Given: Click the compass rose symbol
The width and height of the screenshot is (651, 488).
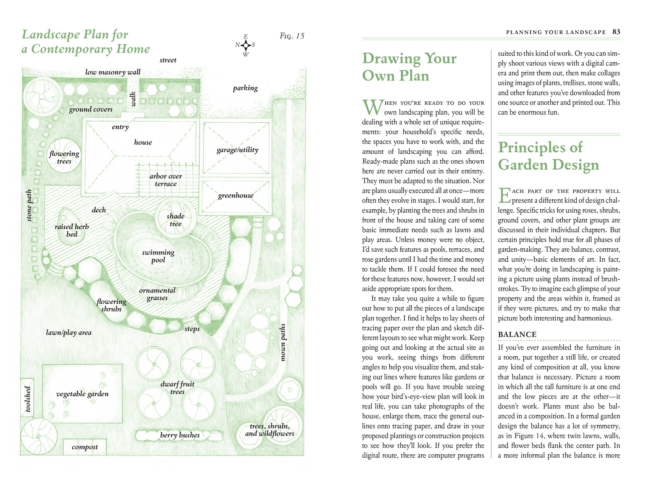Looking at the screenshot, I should coord(245,45).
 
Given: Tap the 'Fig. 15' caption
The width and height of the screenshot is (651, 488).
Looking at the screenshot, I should coord(292,36).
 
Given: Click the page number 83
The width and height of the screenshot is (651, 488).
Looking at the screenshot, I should coord(616,32).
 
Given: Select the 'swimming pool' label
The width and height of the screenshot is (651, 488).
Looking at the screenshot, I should coord(158,256).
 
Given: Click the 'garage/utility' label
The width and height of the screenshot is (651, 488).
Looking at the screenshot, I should coord(237,150).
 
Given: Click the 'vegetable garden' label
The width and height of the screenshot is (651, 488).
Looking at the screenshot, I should coord(82,394).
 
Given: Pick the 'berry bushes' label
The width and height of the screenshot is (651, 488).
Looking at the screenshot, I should coord(180,435).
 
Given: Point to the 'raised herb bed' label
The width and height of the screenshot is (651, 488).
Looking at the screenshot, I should coord(72,230).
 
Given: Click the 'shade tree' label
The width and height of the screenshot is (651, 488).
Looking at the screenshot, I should coord(176,220).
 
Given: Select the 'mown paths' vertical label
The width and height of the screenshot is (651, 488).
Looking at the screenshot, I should coord(283,342).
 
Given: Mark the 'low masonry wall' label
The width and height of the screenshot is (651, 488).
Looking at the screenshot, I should coord(113,72).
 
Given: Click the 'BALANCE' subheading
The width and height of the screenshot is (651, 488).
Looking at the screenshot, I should coord(517,334).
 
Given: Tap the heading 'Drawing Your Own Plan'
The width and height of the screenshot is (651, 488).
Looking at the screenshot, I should coord(409,67).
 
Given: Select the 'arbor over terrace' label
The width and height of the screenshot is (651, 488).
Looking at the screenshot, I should coord(166,180).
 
